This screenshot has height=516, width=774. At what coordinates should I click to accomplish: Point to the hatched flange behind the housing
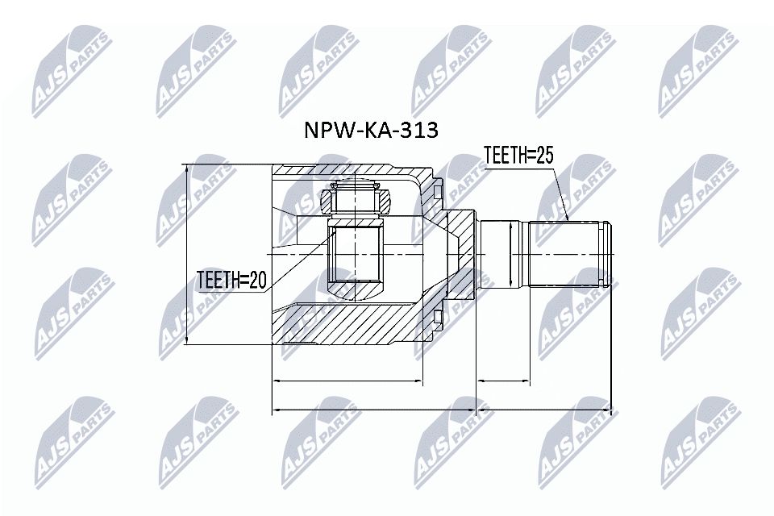coord(462,254)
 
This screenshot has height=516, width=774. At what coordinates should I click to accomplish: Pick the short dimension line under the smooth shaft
coord(503,379)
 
